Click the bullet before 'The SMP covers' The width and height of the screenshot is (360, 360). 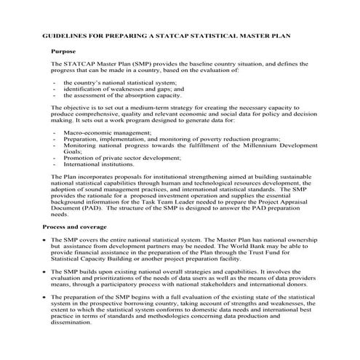45,239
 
